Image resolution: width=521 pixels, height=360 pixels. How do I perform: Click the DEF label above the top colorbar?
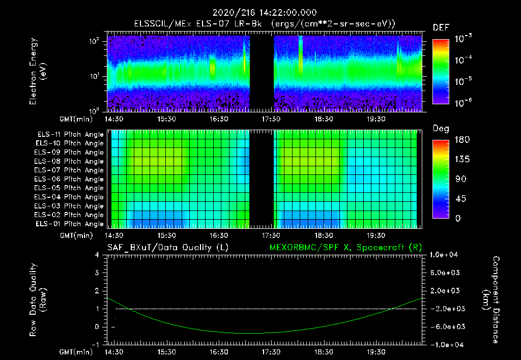[441, 27]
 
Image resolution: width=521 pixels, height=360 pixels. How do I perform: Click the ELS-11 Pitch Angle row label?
[70, 134]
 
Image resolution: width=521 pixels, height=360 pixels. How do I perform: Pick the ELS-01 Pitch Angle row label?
[70, 224]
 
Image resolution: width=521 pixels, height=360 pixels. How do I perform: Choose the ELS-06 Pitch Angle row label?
[70, 179]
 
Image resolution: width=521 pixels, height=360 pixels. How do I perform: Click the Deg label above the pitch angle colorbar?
[440, 129]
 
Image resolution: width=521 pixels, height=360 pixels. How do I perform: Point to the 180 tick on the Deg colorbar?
[461, 140]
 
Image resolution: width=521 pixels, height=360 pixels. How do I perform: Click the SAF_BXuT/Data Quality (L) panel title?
[167, 247]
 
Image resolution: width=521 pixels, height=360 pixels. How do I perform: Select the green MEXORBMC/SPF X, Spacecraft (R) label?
[345, 247]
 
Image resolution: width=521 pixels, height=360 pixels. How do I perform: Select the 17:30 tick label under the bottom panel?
[271, 351]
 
